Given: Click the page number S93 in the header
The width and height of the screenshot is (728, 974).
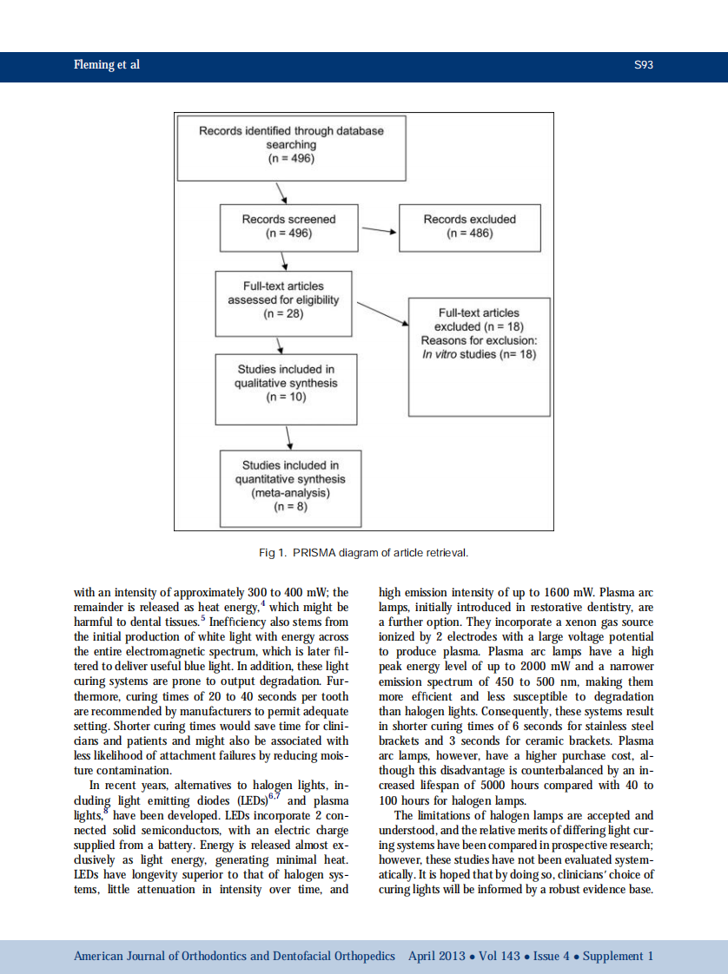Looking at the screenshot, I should tap(643, 65).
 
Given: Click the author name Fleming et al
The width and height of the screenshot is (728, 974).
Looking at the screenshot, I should tap(106, 65).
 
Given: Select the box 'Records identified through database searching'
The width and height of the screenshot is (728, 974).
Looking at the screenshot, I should tap(291, 145).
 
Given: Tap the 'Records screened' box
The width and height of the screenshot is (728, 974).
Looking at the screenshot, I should tap(288, 227).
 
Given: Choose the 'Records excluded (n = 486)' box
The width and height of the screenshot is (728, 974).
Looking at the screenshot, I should tap(469, 227).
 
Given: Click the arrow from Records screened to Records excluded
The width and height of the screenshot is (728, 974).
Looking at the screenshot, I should tap(378, 232).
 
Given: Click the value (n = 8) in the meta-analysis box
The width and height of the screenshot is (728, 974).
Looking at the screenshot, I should tap(290, 507).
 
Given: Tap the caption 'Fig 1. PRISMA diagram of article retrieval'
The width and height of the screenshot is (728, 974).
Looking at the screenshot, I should tap(363, 552).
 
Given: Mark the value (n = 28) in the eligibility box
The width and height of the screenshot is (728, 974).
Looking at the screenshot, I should tap(283, 313).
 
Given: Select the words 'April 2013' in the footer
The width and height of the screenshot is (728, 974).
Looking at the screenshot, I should tap(436, 956).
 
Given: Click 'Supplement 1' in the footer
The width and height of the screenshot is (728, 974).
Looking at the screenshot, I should tap(618, 956).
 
